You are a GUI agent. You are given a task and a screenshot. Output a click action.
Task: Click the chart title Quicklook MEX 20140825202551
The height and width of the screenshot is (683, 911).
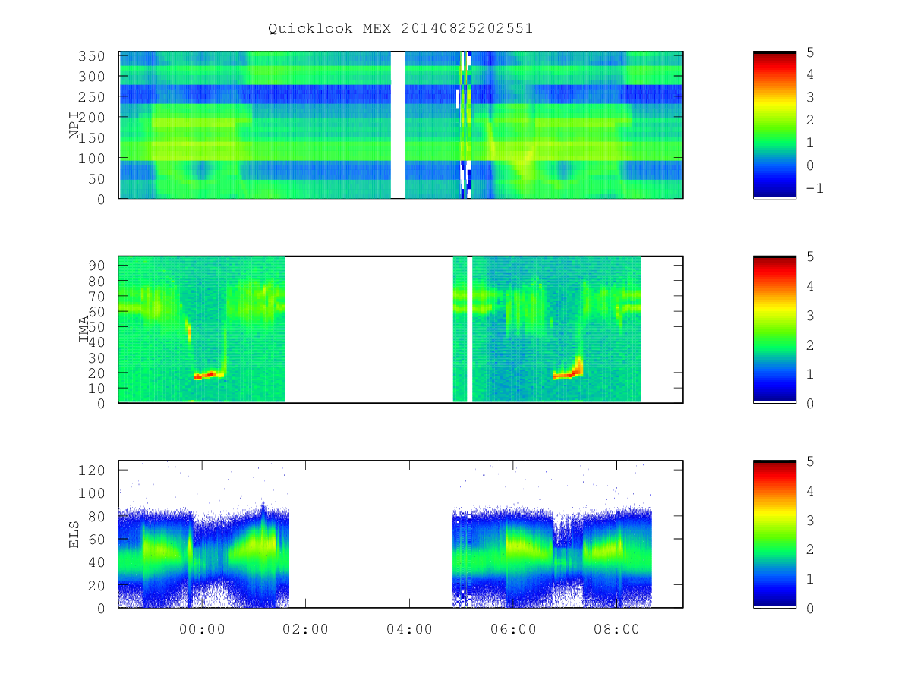pos(400,28)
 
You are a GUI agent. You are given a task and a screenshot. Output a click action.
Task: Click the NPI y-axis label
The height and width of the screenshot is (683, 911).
pos(74,125)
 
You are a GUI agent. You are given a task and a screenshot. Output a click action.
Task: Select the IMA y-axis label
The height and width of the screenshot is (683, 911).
pos(84,329)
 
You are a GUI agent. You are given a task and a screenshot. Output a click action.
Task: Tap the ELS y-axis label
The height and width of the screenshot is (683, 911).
pos(74,534)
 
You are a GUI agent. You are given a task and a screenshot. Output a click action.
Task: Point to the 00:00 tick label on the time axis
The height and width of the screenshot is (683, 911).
pos(202,629)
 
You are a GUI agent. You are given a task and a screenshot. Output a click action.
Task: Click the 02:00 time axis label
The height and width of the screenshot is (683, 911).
pos(305,629)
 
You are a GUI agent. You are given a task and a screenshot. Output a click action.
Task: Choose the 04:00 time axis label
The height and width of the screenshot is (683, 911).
pos(409,629)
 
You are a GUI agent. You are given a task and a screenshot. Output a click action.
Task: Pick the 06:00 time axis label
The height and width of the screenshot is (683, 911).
pos(513,629)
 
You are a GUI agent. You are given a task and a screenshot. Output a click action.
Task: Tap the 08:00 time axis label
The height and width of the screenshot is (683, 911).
pos(616,629)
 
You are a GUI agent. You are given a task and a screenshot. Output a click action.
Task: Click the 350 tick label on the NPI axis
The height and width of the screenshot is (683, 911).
pos(92,56)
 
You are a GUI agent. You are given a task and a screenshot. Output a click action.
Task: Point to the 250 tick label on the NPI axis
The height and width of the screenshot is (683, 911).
pos(92,96)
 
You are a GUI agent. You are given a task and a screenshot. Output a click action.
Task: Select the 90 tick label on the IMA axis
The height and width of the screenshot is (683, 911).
pos(96,266)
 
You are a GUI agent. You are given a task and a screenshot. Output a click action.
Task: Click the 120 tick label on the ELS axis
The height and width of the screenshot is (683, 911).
pos(92,471)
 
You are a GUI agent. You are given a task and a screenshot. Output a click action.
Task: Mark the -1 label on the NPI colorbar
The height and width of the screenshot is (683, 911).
pos(815,188)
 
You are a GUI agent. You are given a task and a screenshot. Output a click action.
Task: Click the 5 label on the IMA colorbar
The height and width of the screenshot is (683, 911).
pos(810,257)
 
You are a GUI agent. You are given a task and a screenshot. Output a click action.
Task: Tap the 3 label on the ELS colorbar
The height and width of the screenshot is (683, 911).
pos(810,521)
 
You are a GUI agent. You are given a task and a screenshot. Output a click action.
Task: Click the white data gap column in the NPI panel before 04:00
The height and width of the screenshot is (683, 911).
pos(398,124)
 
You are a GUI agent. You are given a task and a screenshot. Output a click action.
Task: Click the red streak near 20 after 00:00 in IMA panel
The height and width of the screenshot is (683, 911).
pos(208,376)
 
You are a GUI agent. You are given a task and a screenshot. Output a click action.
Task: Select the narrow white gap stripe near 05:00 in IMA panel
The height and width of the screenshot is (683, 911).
pos(469,329)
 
